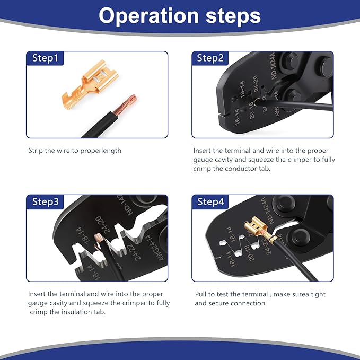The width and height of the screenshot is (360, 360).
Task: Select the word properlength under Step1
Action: (103, 151)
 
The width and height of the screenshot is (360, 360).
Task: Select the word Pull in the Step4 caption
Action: (201, 294)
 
